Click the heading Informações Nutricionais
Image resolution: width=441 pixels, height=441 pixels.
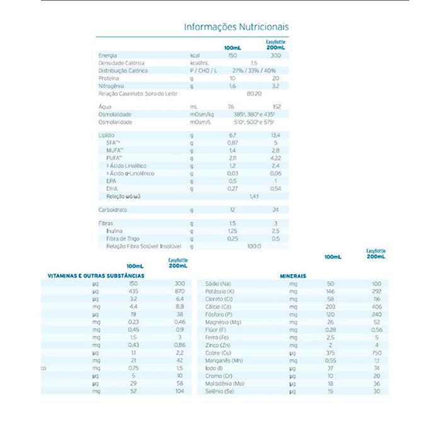236,27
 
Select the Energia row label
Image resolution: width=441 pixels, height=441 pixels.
108,56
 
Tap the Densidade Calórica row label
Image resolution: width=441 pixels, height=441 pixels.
122,64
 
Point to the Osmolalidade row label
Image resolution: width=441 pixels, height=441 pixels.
115,114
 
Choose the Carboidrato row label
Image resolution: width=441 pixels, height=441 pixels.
113,209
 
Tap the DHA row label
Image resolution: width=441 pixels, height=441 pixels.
112,188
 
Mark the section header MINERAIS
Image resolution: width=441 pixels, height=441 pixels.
293,276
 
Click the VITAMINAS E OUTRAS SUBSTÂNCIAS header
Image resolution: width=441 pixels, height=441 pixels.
96,276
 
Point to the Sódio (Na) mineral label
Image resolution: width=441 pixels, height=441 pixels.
218,284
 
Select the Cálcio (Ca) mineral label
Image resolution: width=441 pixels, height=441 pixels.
218,307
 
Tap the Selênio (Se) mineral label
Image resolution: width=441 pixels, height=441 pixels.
220,391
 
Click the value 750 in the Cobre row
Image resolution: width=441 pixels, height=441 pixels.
377,353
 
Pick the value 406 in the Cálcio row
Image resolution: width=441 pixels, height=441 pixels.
377,307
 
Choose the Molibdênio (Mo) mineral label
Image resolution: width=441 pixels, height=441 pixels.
225,384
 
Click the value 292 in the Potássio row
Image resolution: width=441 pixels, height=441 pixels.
377,292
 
